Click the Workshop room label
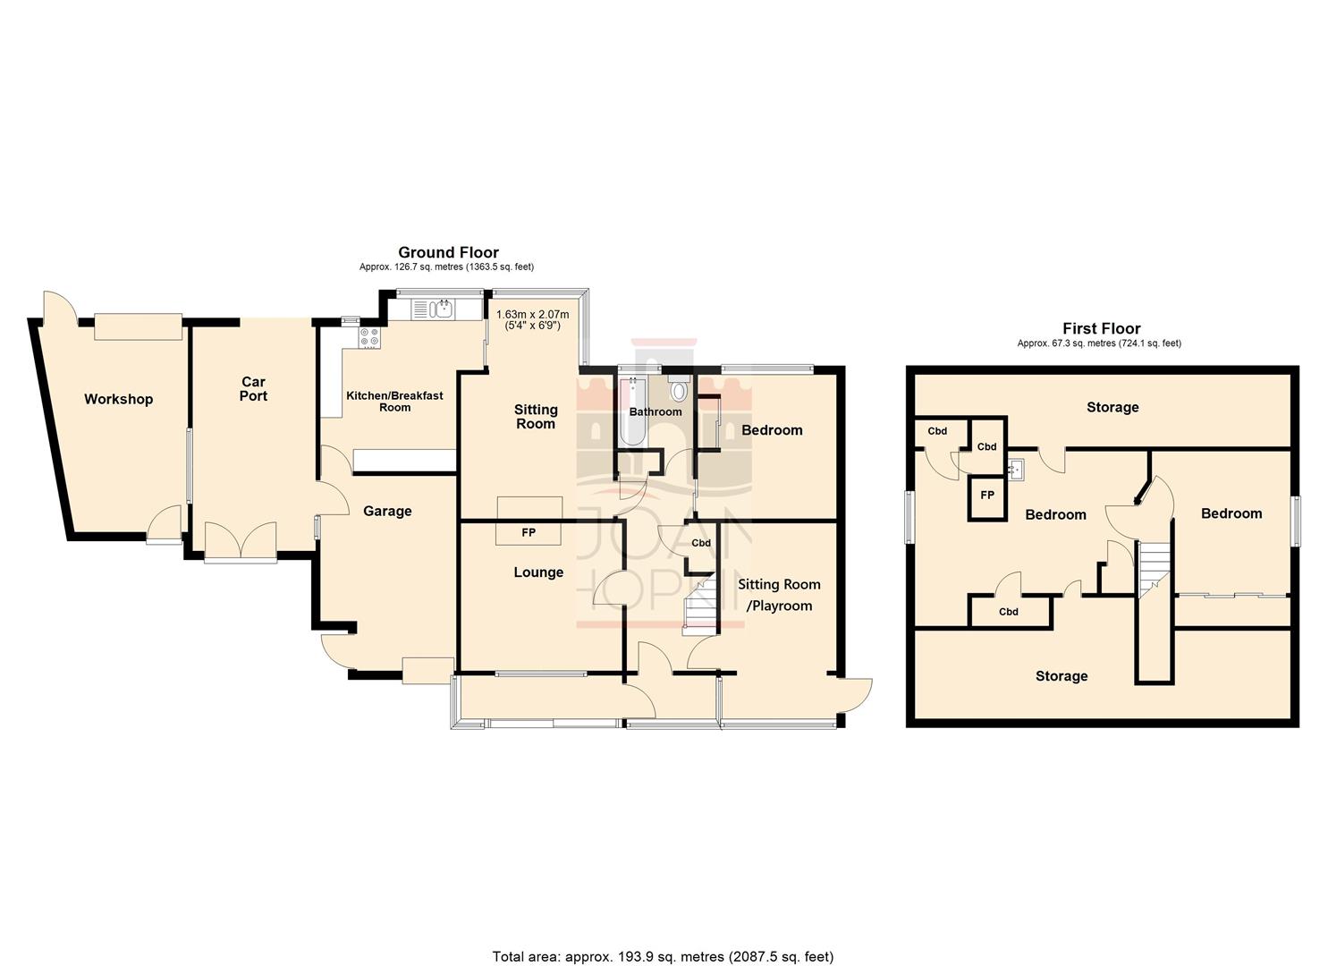tap(118, 400)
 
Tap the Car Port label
tap(253, 389)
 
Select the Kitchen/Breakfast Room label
tap(394, 402)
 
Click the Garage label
tap(387, 512)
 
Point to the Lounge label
tap(538, 572)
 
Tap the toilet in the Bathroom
tap(678, 389)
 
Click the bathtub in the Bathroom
tap(633, 411)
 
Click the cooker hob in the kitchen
tap(369, 337)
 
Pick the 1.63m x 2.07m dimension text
tap(532, 320)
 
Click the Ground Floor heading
tap(448, 253)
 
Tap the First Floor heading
tap(1101, 329)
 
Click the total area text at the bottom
tap(663, 956)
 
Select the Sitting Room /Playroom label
tap(779, 595)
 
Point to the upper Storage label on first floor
tap(1112, 408)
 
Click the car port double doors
tap(241, 543)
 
